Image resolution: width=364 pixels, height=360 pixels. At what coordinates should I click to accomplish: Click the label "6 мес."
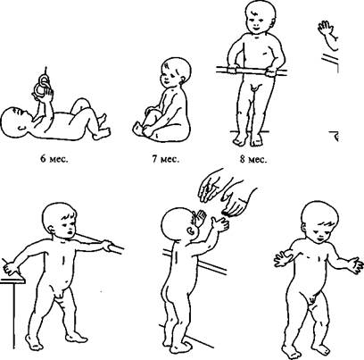pos(54,159)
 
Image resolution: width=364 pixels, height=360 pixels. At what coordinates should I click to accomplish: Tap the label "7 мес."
pos(166,159)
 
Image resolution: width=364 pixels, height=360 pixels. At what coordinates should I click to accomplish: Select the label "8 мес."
pos(253,160)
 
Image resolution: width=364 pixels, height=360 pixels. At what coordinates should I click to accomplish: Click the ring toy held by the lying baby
pos(44,84)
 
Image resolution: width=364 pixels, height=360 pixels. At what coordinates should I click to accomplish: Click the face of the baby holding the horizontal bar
pos(256,24)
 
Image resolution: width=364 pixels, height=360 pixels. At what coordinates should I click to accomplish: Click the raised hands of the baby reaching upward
pos(211,221)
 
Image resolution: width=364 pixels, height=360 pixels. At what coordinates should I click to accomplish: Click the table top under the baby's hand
pos(12,280)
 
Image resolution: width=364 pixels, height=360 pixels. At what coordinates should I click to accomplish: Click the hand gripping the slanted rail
pos(105,246)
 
